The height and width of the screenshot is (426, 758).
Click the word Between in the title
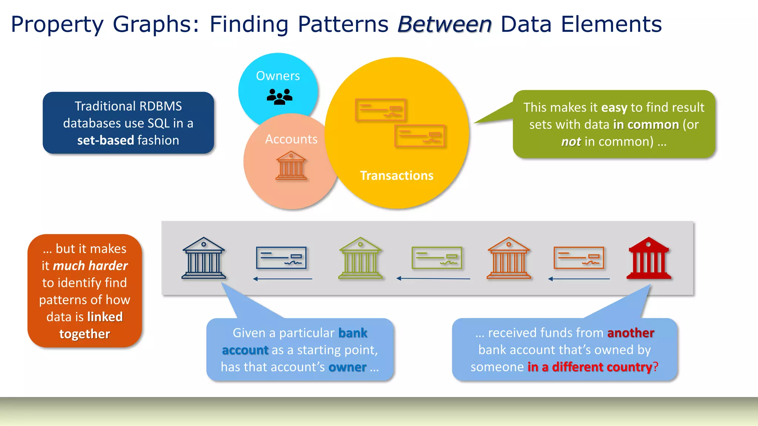[444, 24]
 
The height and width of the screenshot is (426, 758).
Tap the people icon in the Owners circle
[279, 97]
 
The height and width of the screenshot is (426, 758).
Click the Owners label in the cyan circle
[278, 76]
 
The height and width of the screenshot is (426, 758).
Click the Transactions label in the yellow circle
[396, 176]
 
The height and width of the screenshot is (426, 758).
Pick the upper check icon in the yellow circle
[380, 110]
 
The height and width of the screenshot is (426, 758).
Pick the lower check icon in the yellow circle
[420, 136]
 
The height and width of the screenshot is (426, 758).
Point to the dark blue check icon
[281, 258]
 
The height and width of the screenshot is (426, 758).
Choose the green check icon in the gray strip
[437, 258]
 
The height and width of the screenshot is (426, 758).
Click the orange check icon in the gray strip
[578, 258]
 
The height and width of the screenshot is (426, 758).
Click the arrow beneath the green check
[433, 278]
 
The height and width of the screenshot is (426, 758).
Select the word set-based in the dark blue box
[105, 141]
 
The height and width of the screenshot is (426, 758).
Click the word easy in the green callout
[614, 108]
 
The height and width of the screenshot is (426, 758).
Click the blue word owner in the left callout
[347, 367]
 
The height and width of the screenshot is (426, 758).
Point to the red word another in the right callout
[631, 333]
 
